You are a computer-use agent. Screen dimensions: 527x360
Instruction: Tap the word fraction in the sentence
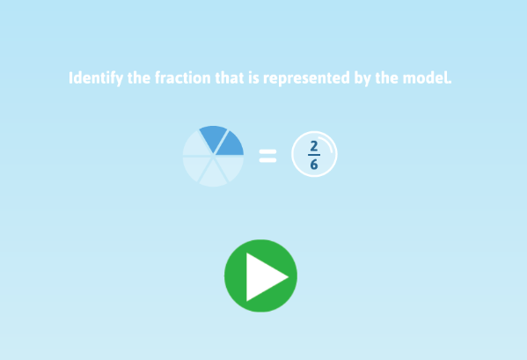(182, 78)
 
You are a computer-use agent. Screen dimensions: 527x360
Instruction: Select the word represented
(302, 78)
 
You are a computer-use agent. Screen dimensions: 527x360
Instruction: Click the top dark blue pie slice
(213, 137)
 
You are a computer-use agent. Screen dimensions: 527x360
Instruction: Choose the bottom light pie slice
(213, 174)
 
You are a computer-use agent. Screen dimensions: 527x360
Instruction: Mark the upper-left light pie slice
(195, 144)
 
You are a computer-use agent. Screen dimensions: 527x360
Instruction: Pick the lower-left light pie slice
(195, 167)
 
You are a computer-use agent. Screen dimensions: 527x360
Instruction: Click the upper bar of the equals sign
(267, 151)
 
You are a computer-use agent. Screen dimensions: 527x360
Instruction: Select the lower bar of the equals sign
(267, 160)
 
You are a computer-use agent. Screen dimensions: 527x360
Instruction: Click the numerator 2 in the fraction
(314, 146)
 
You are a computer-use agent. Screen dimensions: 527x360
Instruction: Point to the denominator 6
(314, 165)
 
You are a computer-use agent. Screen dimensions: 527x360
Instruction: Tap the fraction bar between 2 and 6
(314, 155)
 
